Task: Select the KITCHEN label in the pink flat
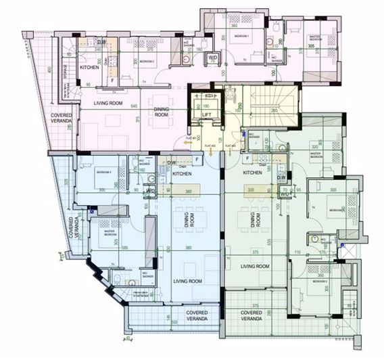[90, 68]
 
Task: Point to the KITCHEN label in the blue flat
[182, 174]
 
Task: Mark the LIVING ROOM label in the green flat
[256, 267]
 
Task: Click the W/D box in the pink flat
[212, 58]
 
